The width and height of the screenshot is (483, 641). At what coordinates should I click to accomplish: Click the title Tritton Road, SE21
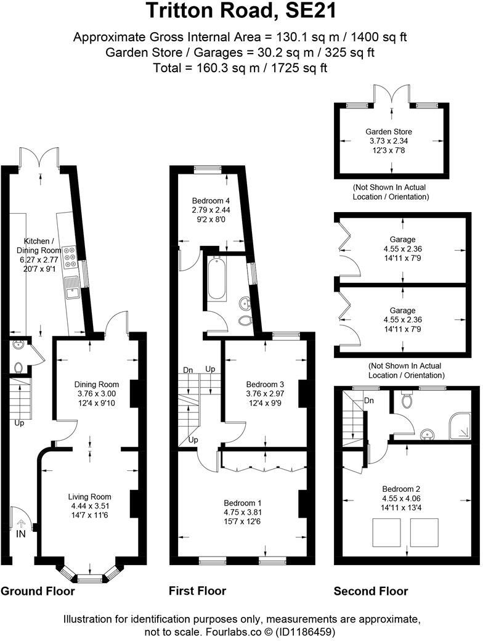(x=241, y=12)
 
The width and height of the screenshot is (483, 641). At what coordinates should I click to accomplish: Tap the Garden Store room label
(x=388, y=131)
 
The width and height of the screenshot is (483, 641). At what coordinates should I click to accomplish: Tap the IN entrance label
(x=21, y=534)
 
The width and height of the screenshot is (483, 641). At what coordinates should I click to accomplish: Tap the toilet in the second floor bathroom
(x=407, y=401)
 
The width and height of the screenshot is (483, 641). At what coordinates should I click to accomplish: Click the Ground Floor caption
(x=38, y=591)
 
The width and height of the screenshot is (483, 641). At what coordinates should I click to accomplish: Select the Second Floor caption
(x=371, y=591)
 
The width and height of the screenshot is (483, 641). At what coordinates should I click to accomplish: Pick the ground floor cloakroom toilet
(x=17, y=367)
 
